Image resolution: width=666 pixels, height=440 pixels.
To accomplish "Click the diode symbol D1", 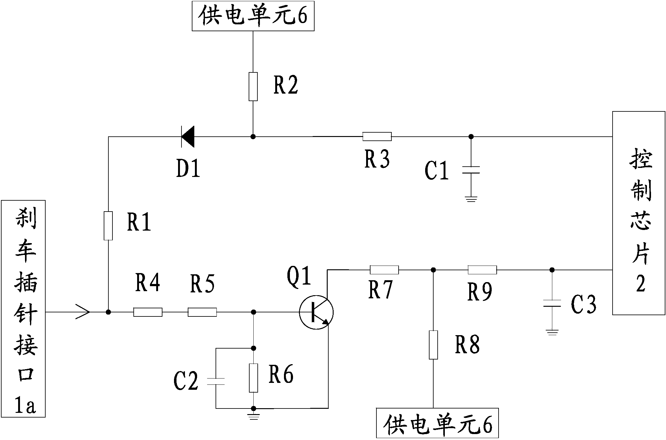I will click(x=188, y=137).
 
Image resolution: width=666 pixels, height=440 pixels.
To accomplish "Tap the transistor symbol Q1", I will click(x=316, y=312).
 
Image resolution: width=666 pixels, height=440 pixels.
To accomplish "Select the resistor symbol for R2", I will click(x=253, y=86).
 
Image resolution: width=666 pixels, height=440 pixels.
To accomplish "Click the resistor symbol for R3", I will click(x=377, y=137).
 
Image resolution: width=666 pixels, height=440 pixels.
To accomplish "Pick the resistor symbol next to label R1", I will click(x=108, y=226).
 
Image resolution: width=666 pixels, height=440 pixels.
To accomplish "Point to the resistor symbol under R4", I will click(x=148, y=312).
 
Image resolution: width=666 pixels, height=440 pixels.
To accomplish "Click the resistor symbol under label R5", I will click(x=202, y=312).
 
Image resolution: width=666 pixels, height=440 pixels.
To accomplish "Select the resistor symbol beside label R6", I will click(x=253, y=378).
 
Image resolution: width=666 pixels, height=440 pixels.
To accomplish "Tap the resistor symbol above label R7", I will click(x=384, y=270).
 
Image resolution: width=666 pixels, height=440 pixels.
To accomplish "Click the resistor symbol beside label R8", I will click(x=433, y=345).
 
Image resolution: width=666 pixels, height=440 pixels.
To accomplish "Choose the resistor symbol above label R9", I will click(x=482, y=270).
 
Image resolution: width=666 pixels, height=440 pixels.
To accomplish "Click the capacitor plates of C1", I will click(x=471, y=170).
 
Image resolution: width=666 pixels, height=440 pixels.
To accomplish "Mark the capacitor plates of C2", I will click(x=216, y=381).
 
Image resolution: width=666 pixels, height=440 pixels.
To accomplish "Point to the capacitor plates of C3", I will click(x=552, y=303).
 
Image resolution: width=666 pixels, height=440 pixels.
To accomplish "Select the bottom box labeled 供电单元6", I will click(x=437, y=424).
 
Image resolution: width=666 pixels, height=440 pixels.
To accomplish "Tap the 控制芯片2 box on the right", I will click(x=639, y=213).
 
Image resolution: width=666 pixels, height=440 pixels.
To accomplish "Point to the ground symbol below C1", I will click(x=471, y=199).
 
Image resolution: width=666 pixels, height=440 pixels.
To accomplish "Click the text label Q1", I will click(x=299, y=276).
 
